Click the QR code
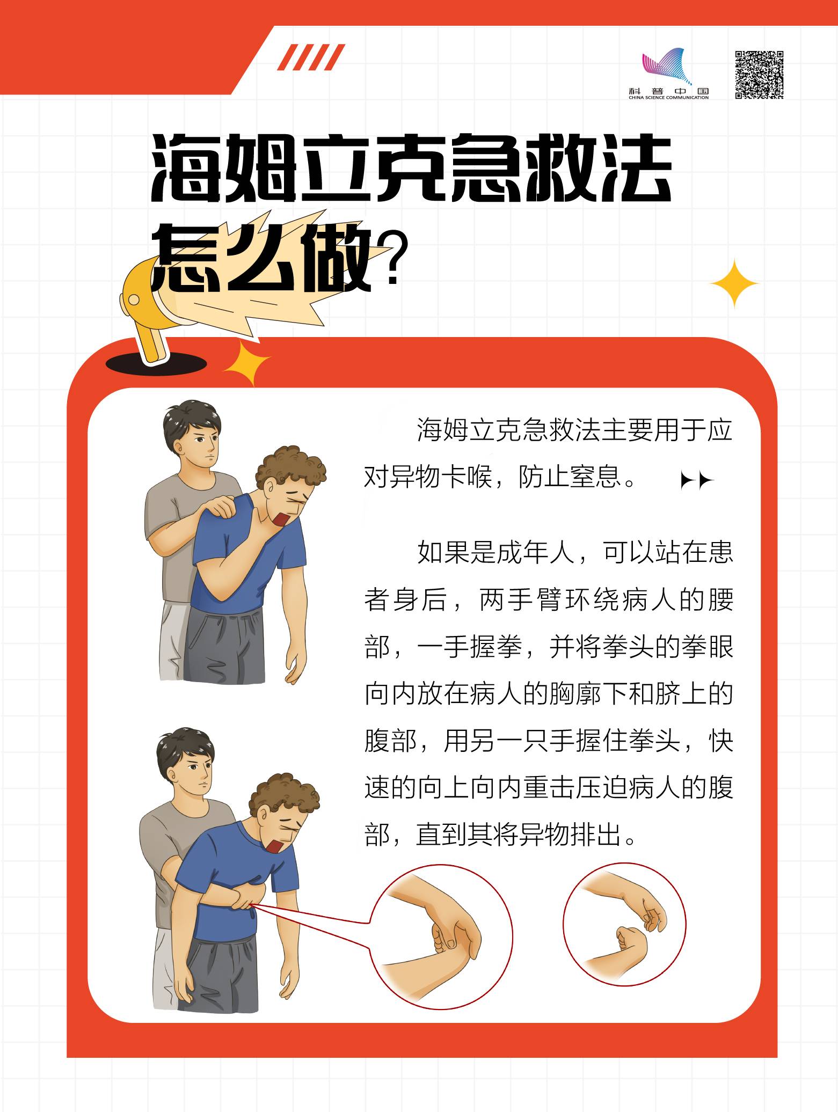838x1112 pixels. point(759,75)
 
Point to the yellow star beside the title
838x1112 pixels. point(734,283)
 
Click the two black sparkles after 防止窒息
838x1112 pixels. point(697,481)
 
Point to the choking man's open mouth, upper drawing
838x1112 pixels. point(282,520)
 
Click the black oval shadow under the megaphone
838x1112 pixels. point(156,364)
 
